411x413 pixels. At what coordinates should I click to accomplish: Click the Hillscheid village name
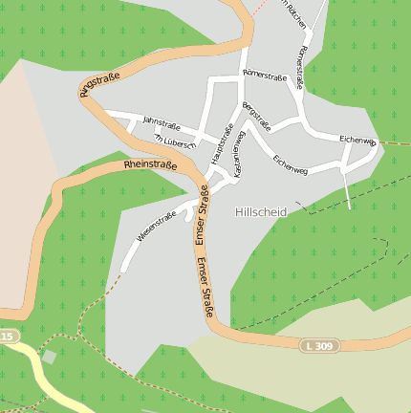tap(260, 211)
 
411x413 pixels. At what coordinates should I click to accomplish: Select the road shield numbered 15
tap(7, 337)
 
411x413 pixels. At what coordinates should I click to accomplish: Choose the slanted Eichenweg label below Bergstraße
tap(290, 164)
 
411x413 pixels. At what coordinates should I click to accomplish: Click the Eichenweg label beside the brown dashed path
tap(357, 140)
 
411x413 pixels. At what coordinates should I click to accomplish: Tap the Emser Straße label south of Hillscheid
tap(205, 287)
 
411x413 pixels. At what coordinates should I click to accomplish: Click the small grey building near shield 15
tap(49, 357)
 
